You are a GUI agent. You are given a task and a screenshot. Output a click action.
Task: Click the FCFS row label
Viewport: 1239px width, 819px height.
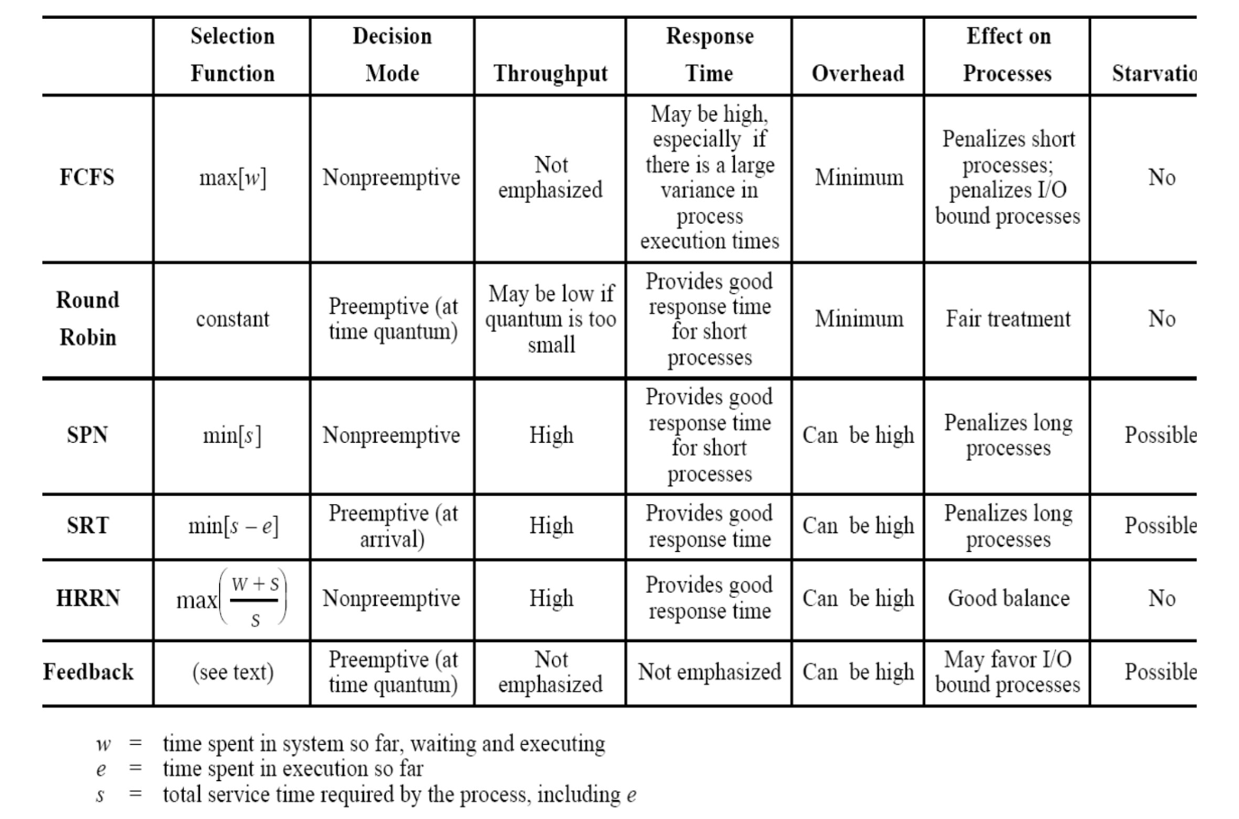pos(87,177)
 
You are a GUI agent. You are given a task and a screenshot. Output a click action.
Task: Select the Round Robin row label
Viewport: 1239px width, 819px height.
pos(87,318)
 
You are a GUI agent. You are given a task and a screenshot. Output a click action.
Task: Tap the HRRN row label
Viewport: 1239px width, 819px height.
pos(87,598)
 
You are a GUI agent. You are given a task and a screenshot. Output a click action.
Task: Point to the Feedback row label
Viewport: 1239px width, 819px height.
pos(88,672)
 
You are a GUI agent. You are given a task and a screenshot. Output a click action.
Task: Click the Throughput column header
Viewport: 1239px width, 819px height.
pos(550,73)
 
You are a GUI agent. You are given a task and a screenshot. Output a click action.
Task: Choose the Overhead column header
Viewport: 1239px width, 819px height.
pos(858,73)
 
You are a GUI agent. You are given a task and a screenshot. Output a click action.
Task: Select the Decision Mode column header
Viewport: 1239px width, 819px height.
pos(392,55)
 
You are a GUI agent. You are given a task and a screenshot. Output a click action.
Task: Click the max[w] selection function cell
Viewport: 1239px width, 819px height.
pos(233,178)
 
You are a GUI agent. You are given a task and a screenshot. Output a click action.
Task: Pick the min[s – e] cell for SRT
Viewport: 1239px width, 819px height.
pos(233,525)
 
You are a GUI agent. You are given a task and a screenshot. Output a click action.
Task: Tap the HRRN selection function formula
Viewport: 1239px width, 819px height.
pos(233,598)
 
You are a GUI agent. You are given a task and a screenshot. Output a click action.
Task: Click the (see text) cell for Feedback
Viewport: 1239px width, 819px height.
pos(233,672)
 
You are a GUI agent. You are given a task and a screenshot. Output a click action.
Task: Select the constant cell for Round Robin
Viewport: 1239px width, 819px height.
pos(233,318)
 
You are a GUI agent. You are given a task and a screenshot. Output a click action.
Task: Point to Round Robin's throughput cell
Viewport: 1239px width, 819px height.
pos(551,318)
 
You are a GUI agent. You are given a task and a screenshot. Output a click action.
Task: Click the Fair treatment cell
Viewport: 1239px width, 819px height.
pos(1008,318)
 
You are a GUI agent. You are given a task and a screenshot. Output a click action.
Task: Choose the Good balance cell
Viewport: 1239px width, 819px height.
pos(1008,598)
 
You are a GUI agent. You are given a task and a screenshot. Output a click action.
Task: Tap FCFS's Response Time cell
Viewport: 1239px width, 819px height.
pos(710,178)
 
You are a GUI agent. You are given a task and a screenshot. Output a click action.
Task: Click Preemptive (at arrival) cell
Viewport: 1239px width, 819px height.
pos(392,526)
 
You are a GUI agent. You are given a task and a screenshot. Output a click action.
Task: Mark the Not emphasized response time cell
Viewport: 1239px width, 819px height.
pos(710,672)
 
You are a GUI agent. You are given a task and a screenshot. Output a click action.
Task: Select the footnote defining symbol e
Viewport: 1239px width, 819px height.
pos(292,769)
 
